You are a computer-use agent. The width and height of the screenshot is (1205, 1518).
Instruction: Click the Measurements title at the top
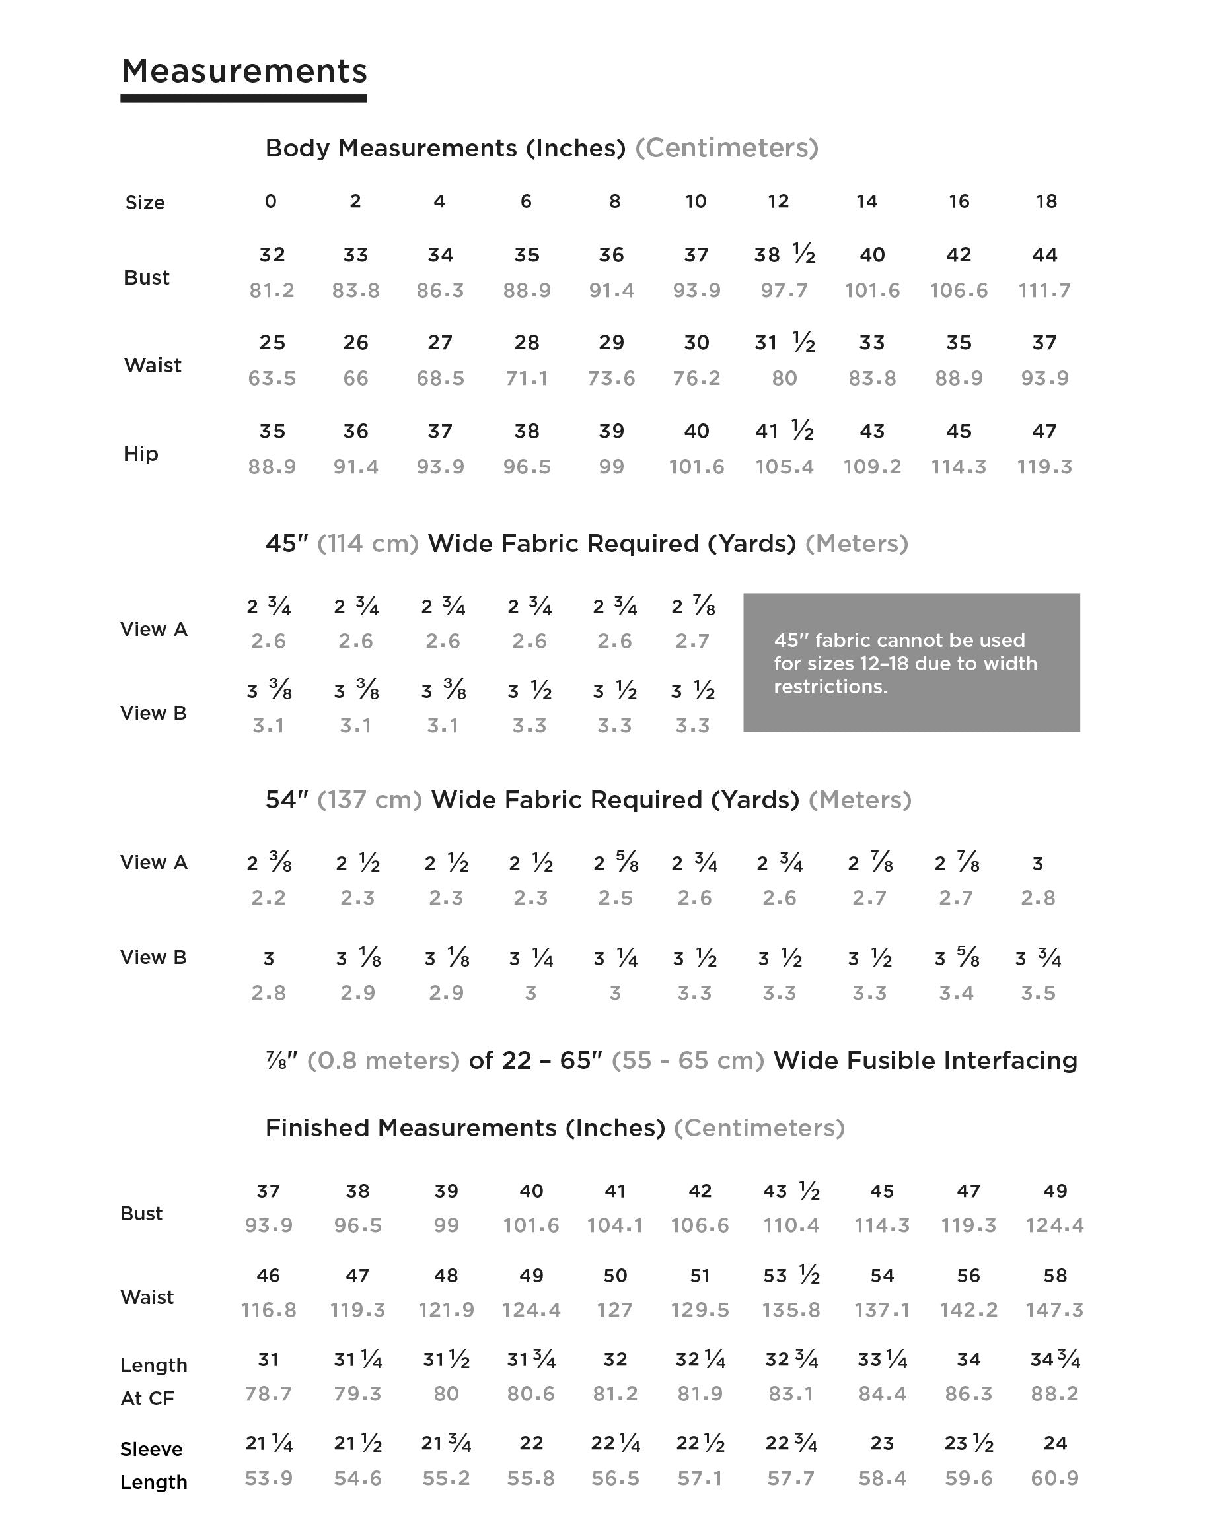pyautogui.click(x=244, y=71)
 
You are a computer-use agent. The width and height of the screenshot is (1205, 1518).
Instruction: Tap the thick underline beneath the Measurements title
pyautogui.click(x=244, y=98)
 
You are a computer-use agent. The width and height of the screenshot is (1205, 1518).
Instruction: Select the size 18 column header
pyautogui.click(x=1046, y=201)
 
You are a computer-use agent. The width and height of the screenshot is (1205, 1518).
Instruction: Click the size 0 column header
pyautogui.click(x=270, y=201)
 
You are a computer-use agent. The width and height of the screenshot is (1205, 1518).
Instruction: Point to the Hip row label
pyautogui.click(x=140, y=454)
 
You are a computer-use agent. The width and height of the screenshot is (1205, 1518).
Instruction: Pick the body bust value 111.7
pyautogui.click(x=1044, y=290)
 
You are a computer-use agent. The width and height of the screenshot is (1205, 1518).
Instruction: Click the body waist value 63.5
pyautogui.click(x=272, y=378)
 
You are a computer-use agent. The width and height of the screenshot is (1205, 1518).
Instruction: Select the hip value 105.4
pyautogui.click(x=784, y=466)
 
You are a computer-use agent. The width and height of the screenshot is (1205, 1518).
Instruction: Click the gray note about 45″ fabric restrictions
pyautogui.click(x=910, y=662)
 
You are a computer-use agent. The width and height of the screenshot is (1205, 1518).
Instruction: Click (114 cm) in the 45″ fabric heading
pyautogui.click(x=367, y=543)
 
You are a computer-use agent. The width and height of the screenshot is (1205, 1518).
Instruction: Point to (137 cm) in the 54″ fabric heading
pyautogui.click(x=369, y=800)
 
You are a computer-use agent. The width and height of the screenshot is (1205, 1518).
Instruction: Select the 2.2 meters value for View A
pyautogui.click(x=268, y=898)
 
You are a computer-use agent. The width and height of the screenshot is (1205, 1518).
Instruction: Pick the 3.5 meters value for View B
pyautogui.click(x=1038, y=993)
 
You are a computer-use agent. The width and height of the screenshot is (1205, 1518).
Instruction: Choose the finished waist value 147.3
pyautogui.click(x=1054, y=1309)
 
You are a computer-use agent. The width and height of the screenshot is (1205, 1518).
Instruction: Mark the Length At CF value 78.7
pyautogui.click(x=268, y=1393)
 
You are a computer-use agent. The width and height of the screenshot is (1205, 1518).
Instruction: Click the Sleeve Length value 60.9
pyautogui.click(x=1054, y=1478)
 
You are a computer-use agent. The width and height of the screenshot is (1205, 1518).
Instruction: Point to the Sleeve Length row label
pyautogui.click(x=153, y=1465)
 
